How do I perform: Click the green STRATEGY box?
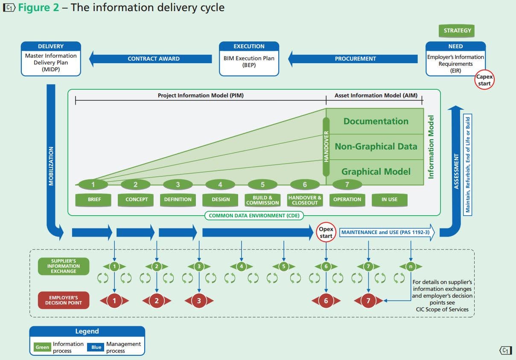tap(457, 31)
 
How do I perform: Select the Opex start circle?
tap(326, 232)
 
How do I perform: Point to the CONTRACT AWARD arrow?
tap(152, 59)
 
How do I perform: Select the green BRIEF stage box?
tap(94, 199)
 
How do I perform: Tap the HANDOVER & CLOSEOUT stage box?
tap(305, 200)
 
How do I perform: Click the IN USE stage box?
tap(389, 199)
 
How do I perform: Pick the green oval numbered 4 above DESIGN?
tap(220, 185)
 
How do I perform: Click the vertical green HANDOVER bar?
tap(326, 147)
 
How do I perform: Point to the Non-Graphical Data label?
tap(376, 146)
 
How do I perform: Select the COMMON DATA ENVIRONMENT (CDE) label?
tap(254, 216)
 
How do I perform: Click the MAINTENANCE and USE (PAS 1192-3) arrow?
tap(387, 232)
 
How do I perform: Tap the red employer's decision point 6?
tap(326, 301)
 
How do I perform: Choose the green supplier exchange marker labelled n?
tap(411, 266)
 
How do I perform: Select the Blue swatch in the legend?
tap(96, 347)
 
